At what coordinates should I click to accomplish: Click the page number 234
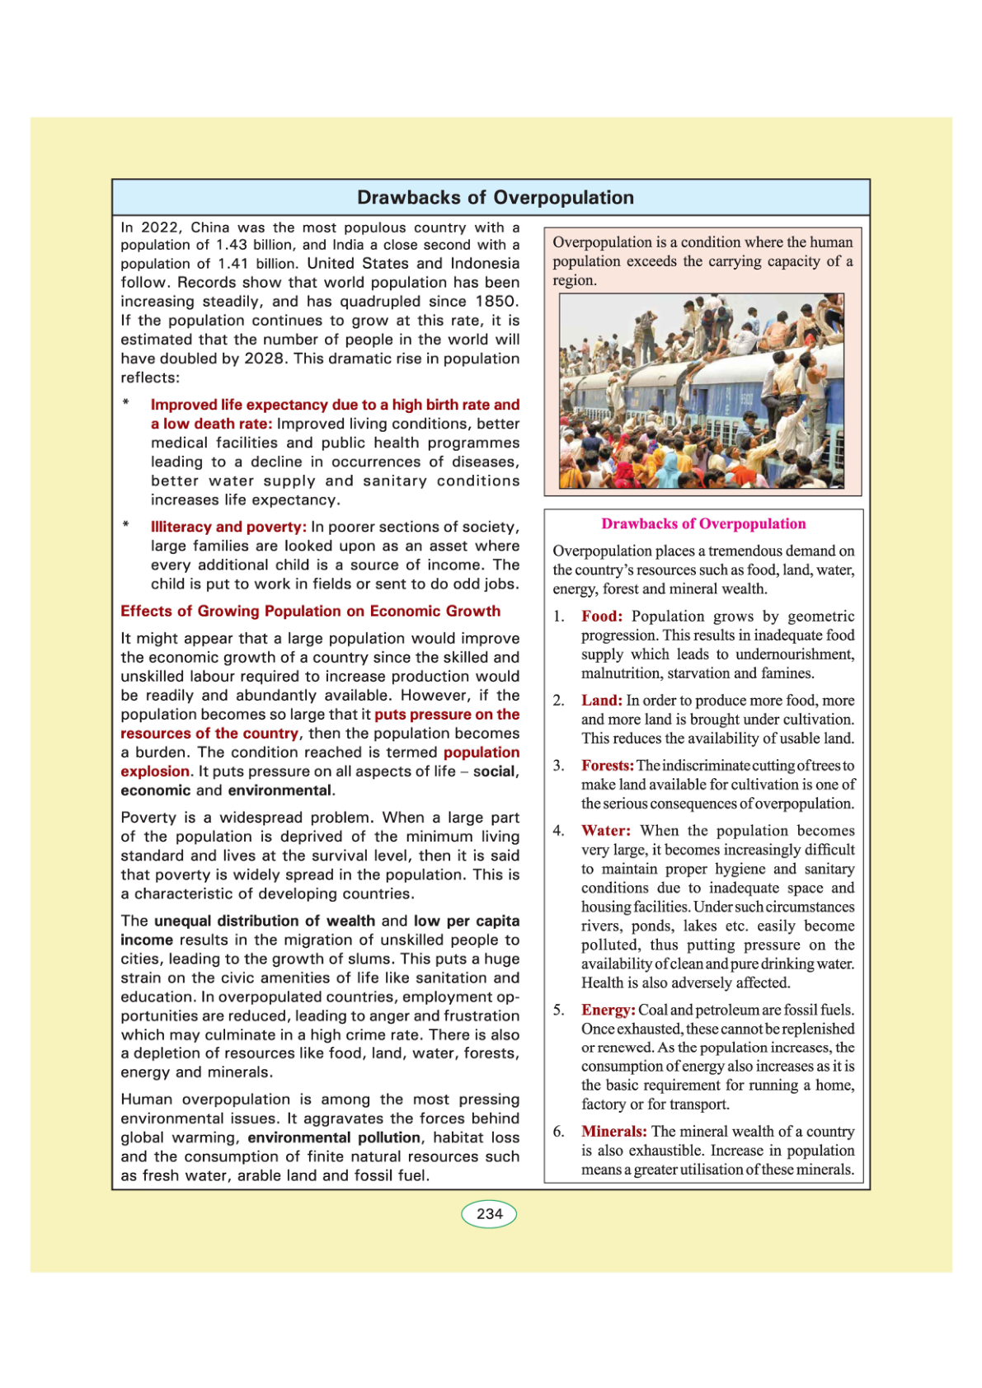[x=489, y=1214]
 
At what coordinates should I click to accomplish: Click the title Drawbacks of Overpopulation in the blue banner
[x=496, y=198]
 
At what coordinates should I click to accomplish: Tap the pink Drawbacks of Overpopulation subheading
[x=703, y=524]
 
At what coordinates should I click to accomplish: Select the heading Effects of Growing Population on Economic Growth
[x=311, y=612]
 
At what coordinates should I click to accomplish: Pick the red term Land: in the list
[x=602, y=701]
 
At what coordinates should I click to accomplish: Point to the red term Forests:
[x=608, y=766]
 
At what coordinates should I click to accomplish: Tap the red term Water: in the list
[x=606, y=831]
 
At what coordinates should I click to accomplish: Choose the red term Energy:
[x=608, y=1011]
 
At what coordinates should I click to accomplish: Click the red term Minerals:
[x=614, y=1132]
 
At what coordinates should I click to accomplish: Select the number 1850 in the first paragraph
[x=496, y=302]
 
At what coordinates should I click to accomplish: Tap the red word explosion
[x=155, y=771]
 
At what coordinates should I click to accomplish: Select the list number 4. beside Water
[x=558, y=831]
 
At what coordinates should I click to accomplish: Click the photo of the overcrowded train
[x=702, y=392]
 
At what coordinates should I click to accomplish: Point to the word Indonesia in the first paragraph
[x=485, y=264]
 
